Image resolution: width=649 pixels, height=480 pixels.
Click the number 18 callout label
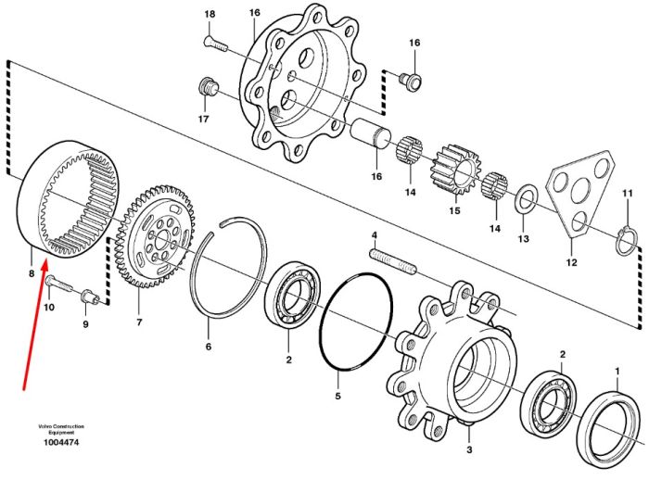coord(210,15)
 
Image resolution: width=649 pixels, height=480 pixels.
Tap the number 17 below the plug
coord(203,120)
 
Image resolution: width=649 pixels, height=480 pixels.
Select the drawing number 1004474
coord(61,442)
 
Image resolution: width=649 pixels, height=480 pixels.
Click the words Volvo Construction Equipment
coord(61,429)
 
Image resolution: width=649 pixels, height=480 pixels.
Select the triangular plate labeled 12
coord(579,194)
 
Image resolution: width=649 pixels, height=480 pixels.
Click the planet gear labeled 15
coord(454,170)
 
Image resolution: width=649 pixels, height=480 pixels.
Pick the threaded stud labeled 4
coord(393,261)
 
